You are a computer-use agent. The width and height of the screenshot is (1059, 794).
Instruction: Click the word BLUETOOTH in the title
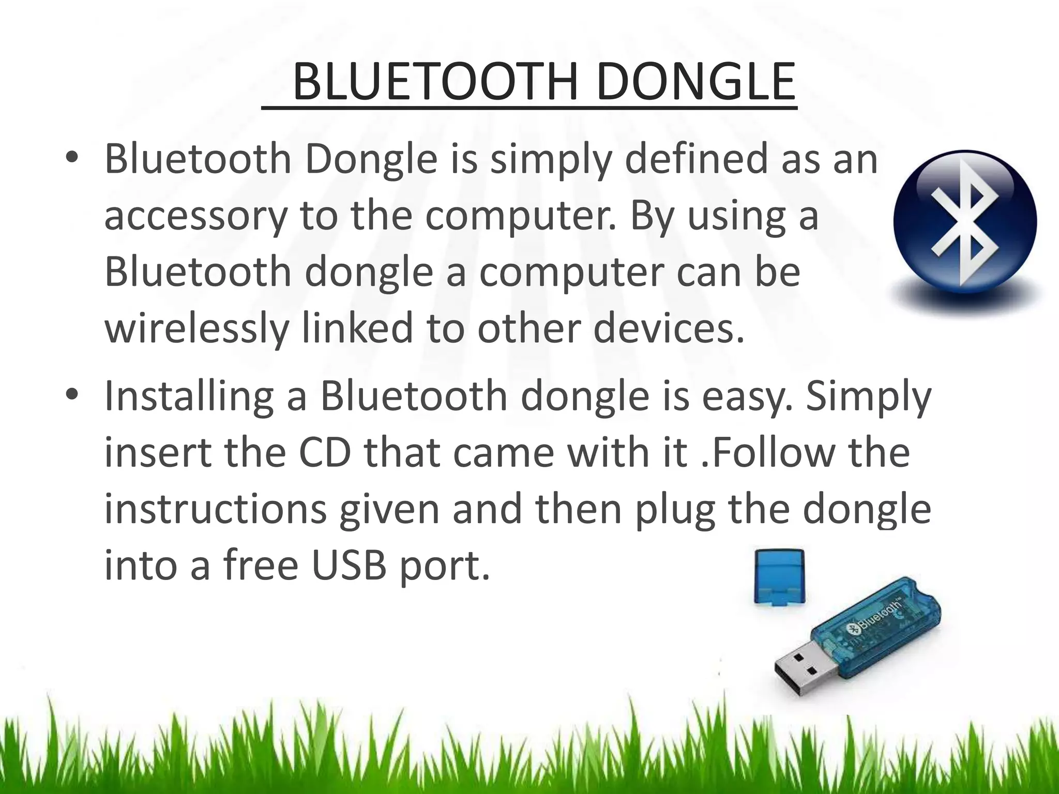pos(435,82)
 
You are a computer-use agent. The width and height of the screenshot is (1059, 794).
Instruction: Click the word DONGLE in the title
pos(695,82)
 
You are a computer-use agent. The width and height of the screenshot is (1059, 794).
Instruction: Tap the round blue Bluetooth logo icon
pos(965,221)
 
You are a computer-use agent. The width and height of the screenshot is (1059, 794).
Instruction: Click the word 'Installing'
pos(189,396)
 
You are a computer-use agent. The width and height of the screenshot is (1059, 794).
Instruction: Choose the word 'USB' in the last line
pos(349,566)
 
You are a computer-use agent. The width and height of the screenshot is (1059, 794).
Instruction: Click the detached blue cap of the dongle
pos(779,576)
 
